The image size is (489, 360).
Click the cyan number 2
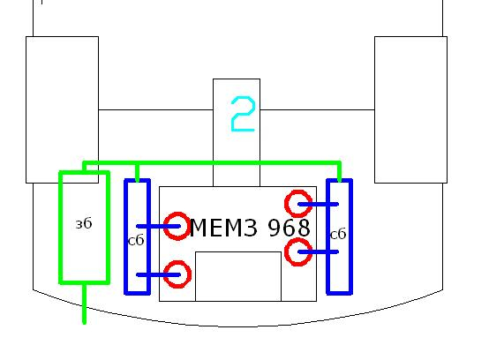coord(243,114)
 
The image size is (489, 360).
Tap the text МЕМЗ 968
coord(250,228)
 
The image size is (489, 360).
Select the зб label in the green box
coord(84,223)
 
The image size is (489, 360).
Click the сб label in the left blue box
coord(136,240)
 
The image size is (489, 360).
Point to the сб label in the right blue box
coord(338,234)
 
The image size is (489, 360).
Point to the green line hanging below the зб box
coord(84,304)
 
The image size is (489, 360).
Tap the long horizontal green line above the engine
coord(212,163)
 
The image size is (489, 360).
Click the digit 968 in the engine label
coord(290,228)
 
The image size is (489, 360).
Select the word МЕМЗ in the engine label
coord(223,228)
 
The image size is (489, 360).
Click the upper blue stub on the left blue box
coord(158,226)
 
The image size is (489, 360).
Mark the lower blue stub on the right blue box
coord(318,251)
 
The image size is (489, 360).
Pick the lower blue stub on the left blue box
coord(158,275)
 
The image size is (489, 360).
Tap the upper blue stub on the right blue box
coord(318,205)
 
